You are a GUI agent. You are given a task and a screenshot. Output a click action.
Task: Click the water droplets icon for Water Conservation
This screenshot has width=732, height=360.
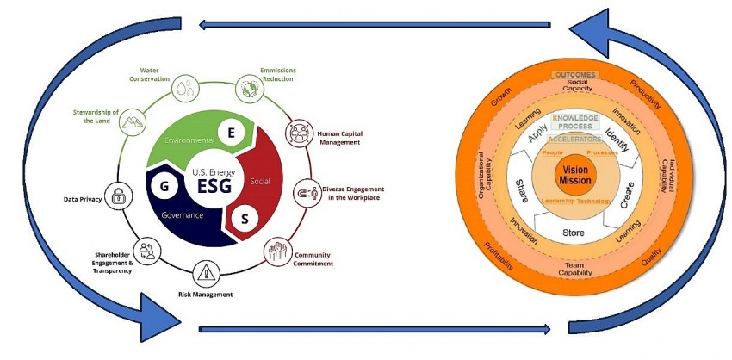point(185,87)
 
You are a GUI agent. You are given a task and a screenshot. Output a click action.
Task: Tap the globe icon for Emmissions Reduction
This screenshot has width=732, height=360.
point(251,88)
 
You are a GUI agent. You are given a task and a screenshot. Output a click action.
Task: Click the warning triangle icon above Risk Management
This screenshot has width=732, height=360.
point(208,273)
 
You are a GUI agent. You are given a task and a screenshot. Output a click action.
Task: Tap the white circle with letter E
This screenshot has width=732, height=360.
point(231,132)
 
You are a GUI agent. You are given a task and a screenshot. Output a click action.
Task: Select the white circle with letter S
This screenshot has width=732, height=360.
point(245,219)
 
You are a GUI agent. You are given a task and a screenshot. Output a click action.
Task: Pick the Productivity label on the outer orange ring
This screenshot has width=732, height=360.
point(645,95)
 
